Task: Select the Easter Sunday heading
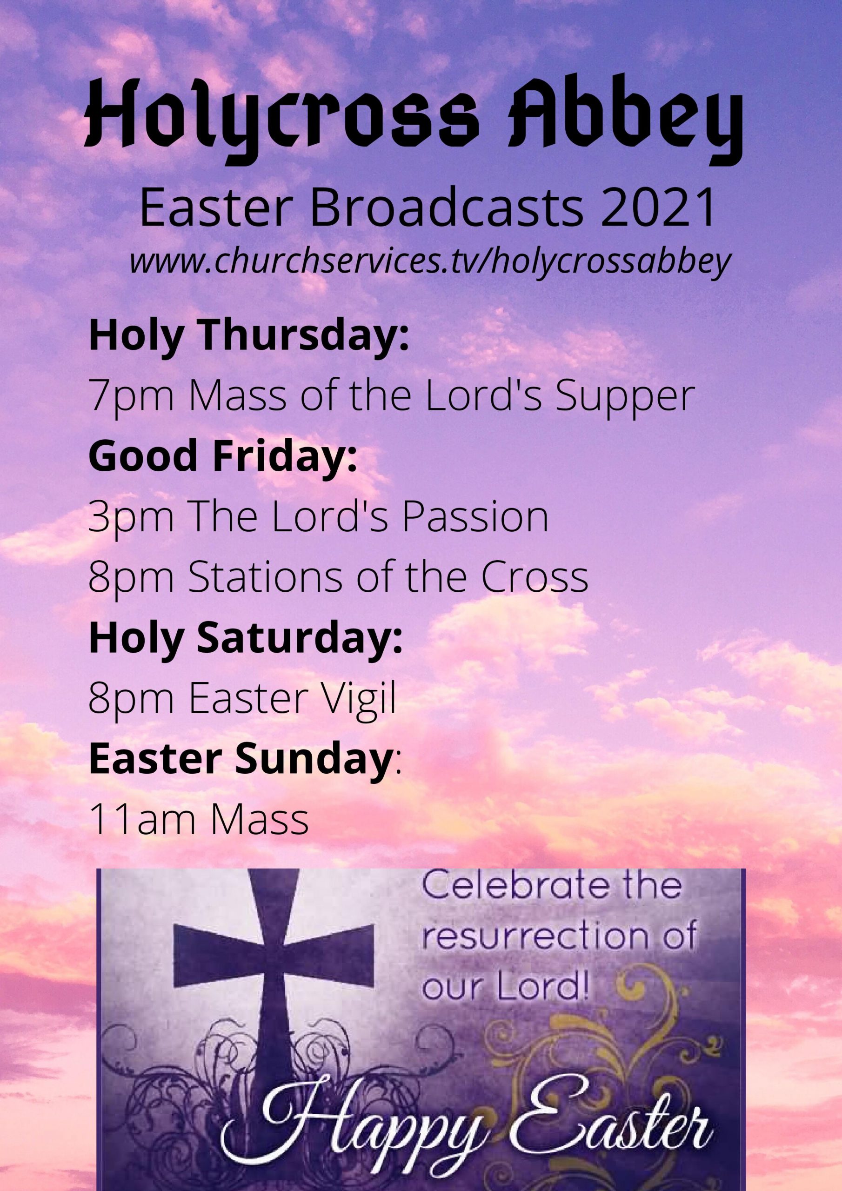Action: click(240, 759)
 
